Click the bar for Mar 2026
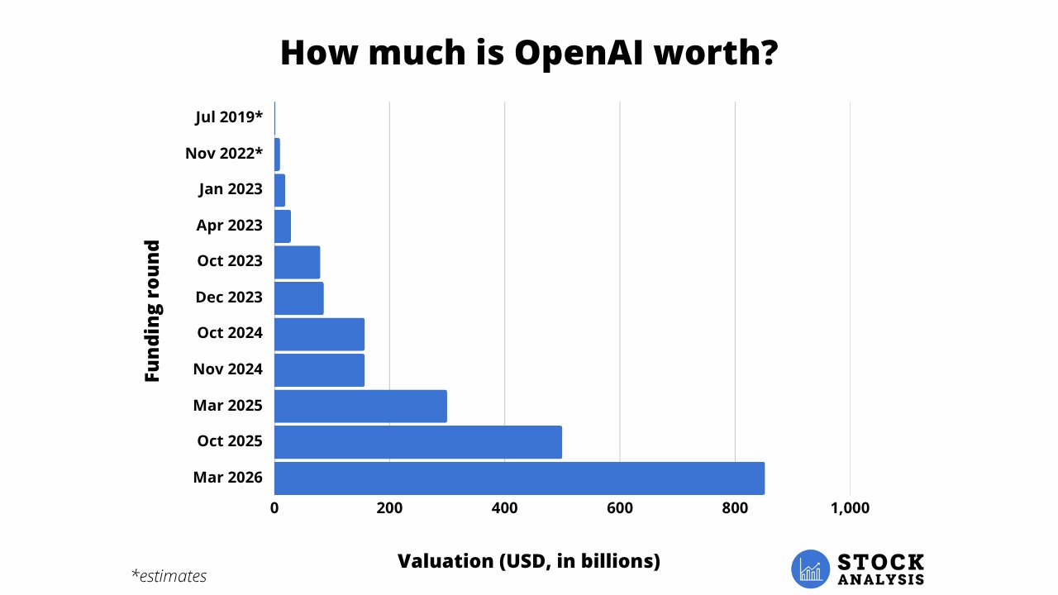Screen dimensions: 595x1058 (519, 478)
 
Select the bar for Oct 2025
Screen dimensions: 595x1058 (417, 442)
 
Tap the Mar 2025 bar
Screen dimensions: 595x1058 (360, 406)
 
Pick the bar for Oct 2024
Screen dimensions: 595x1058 (319, 333)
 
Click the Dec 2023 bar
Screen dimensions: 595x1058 (298, 297)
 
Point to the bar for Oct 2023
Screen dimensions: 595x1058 (297, 261)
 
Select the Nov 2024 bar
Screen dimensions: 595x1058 (319, 369)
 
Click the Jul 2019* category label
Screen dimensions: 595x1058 (229, 117)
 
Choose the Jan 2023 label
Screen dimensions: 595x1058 (231, 189)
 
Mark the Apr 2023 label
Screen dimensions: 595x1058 (230, 225)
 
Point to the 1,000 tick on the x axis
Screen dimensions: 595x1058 (850, 508)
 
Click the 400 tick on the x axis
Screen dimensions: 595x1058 (504, 508)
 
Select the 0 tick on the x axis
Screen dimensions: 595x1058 (274, 508)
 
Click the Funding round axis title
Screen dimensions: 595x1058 (152, 310)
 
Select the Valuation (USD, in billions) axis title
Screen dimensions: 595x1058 (529, 561)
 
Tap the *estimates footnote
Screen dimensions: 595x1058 (169, 576)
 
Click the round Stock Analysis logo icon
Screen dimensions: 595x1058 (809, 569)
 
